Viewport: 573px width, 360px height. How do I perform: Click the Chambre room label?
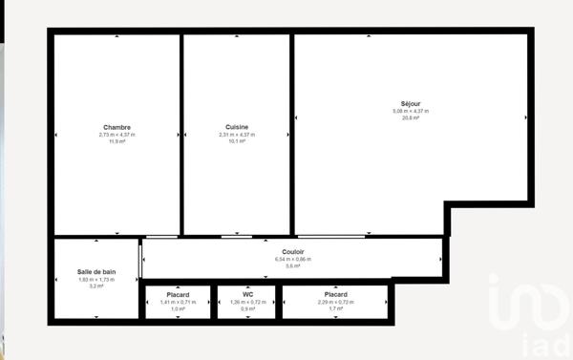[x=117, y=127]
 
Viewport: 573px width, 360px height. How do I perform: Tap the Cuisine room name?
[x=237, y=127]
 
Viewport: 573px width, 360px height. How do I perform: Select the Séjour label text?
[x=411, y=103]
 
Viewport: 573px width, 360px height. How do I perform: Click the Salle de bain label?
[x=96, y=271]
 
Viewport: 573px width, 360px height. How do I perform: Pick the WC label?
[x=247, y=294]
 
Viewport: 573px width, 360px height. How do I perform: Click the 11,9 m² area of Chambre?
[x=117, y=141]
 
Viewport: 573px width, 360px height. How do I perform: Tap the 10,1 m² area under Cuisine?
[x=237, y=141]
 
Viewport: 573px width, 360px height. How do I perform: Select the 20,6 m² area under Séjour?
[x=411, y=117]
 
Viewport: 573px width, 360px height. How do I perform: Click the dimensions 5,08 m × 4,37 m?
[x=411, y=111]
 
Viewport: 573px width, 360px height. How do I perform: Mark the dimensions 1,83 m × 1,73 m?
[x=96, y=279]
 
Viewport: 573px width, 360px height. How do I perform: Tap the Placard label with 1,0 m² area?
[x=177, y=294]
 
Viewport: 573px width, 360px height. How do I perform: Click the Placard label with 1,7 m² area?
[x=334, y=294]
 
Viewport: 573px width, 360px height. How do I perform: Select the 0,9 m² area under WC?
[x=247, y=308]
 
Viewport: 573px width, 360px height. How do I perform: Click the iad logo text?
[x=541, y=343]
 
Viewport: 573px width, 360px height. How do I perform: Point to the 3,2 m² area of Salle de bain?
[x=96, y=286]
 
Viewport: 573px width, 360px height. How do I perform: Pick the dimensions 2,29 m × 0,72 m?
[x=334, y=302]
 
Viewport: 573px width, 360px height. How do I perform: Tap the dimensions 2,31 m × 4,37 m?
[x=237, y=135]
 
